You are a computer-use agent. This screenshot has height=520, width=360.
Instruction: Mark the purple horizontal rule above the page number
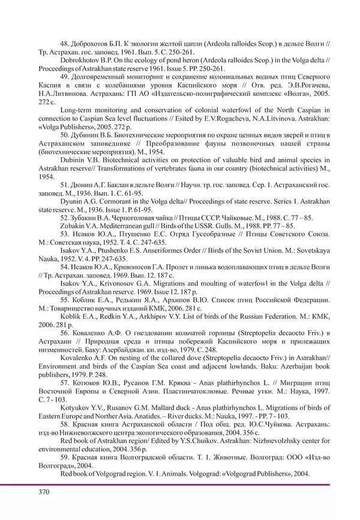[x=180, y=483]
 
